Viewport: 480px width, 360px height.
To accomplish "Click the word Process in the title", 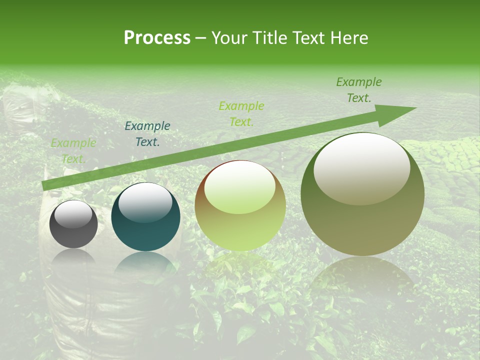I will click(157, 38).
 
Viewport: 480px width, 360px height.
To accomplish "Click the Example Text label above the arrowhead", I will click(359, 90).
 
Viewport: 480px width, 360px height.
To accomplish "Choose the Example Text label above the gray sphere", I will click(73, 150).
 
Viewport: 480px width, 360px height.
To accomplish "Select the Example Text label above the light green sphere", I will click(241, 113).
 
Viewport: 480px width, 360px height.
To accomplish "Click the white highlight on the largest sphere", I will click(362, 167).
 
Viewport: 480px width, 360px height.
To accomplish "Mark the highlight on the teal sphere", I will click(145, 202).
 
